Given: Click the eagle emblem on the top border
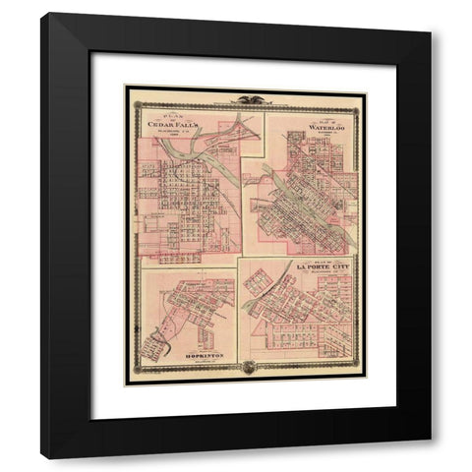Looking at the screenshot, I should (x=245, y=96).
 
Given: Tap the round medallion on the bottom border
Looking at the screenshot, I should (x=245, y=370).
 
